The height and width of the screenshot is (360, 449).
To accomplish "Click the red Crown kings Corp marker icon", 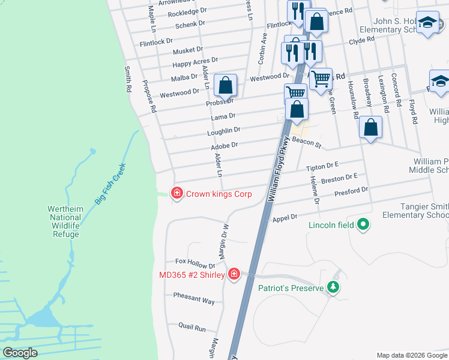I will tap(176, 193).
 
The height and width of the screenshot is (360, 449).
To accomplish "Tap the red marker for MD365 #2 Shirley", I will tap(234, 275).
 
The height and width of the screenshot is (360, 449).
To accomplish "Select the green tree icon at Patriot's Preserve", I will tap(334, 288).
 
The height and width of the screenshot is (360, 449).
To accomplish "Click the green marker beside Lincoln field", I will tap(363, 225).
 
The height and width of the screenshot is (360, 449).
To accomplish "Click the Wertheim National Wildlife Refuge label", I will tap(64, 221).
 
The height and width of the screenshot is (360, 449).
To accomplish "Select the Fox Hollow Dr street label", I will tap(195, 263).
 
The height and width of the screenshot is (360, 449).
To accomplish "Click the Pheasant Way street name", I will tap(194, 299).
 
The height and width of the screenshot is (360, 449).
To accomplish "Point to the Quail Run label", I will tap(192, 328).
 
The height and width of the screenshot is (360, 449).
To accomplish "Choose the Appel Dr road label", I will tap(285, 218).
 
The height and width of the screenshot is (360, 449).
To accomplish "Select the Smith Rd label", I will tap(127, 79).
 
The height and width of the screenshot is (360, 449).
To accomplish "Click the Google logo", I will tap(20, 353).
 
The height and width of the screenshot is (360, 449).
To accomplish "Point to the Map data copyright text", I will tap(411, 355).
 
